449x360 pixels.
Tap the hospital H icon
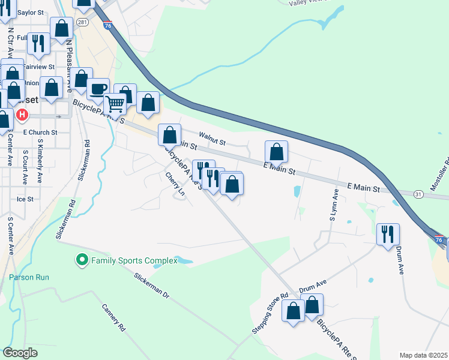(x=22, y=114)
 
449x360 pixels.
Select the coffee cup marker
(x=98, y=90)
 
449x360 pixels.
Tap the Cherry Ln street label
(x=175, y=184)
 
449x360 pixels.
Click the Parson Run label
(x=29, y=277)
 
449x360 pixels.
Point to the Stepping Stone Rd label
(x=270, y=311)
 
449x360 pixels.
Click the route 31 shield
(x=418, y=193)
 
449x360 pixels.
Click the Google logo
(x=20, y=353)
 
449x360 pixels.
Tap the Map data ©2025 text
(x=423, y=355)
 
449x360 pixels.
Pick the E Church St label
(x=40, y=132)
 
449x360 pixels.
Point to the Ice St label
(x=26, y=199)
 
